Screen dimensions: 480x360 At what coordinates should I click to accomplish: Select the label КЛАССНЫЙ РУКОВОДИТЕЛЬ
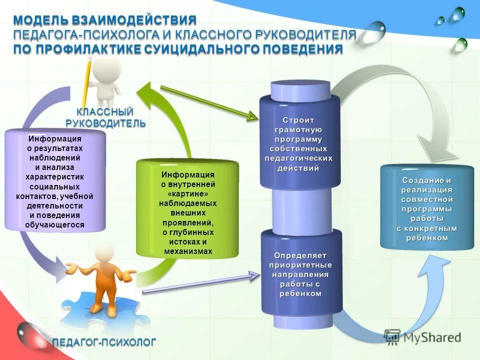coord(106,117)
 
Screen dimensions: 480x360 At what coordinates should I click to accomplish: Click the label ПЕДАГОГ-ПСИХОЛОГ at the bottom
coord(104,342)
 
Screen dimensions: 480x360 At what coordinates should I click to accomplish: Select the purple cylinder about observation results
coord(55,180)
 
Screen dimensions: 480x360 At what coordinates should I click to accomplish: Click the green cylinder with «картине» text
coord(187,207)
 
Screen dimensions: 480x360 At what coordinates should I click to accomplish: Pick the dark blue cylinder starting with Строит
coord(299,142)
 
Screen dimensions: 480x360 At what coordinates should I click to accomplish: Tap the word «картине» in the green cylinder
coord(187,193)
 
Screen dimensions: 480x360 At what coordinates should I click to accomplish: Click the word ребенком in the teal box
coord(427,238)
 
